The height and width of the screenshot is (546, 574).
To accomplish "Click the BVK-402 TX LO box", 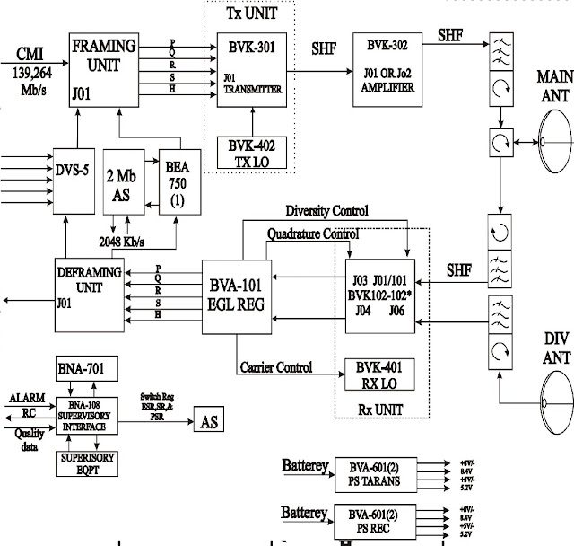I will click(x=253, y=150).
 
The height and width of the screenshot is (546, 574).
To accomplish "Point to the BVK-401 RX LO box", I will click(x=380, y=371).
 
